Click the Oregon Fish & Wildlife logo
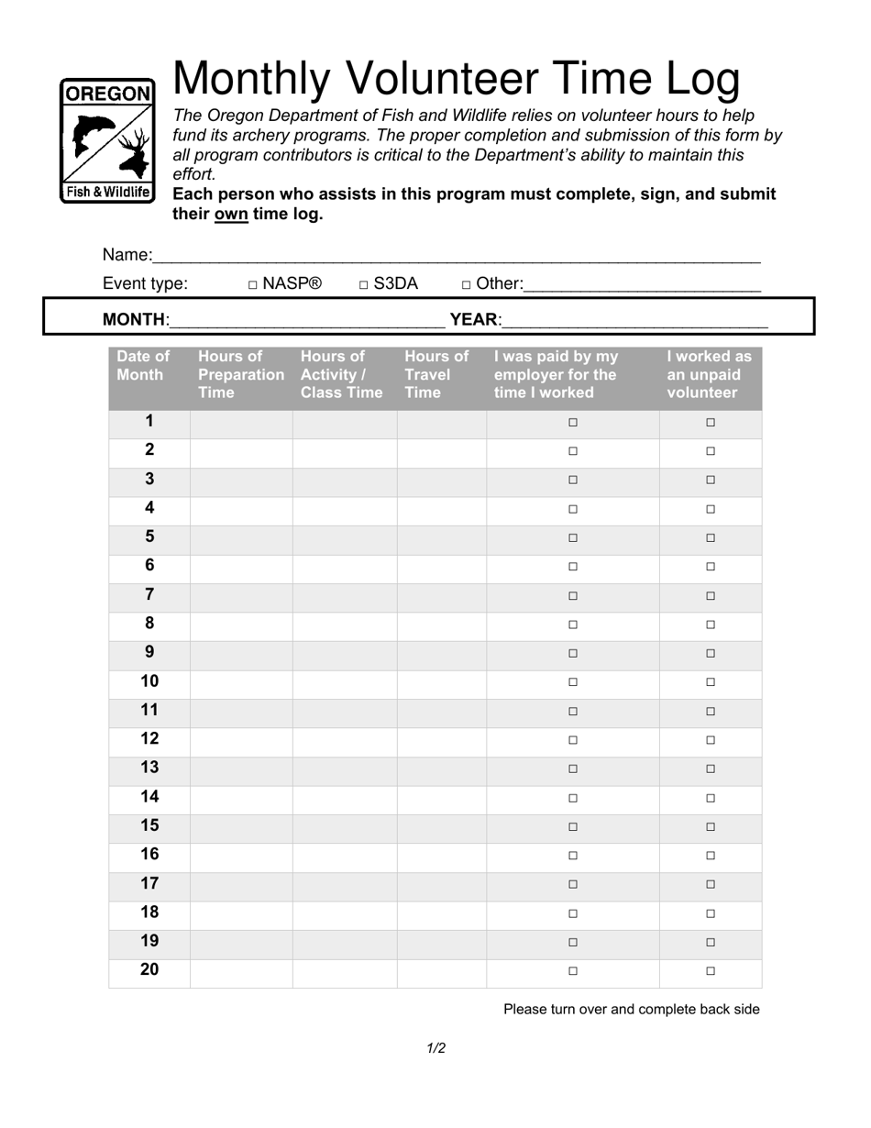click(x=107, y=140)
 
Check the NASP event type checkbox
click(x=253, y=285)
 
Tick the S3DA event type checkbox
click(x=364, y=285)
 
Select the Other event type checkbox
click(x=467, y=285)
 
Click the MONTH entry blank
click(x=308, y=320)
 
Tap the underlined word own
click(x=231, y=214)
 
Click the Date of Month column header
click(x=143, y=366)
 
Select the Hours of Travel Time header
click(x=435, y=374)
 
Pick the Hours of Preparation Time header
click(x=240, y=374)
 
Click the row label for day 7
click(x=149, y=595)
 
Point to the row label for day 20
click(x=149, y=969)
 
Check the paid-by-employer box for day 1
click(x=573, y=423)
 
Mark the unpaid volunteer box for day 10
click(x=711, y=682)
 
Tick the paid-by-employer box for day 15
click(x=573, y=826)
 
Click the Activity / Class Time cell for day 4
click(x=345, y=509)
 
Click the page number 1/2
click(x=436, y=1048)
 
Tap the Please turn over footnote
click(x=632, y=1010)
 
